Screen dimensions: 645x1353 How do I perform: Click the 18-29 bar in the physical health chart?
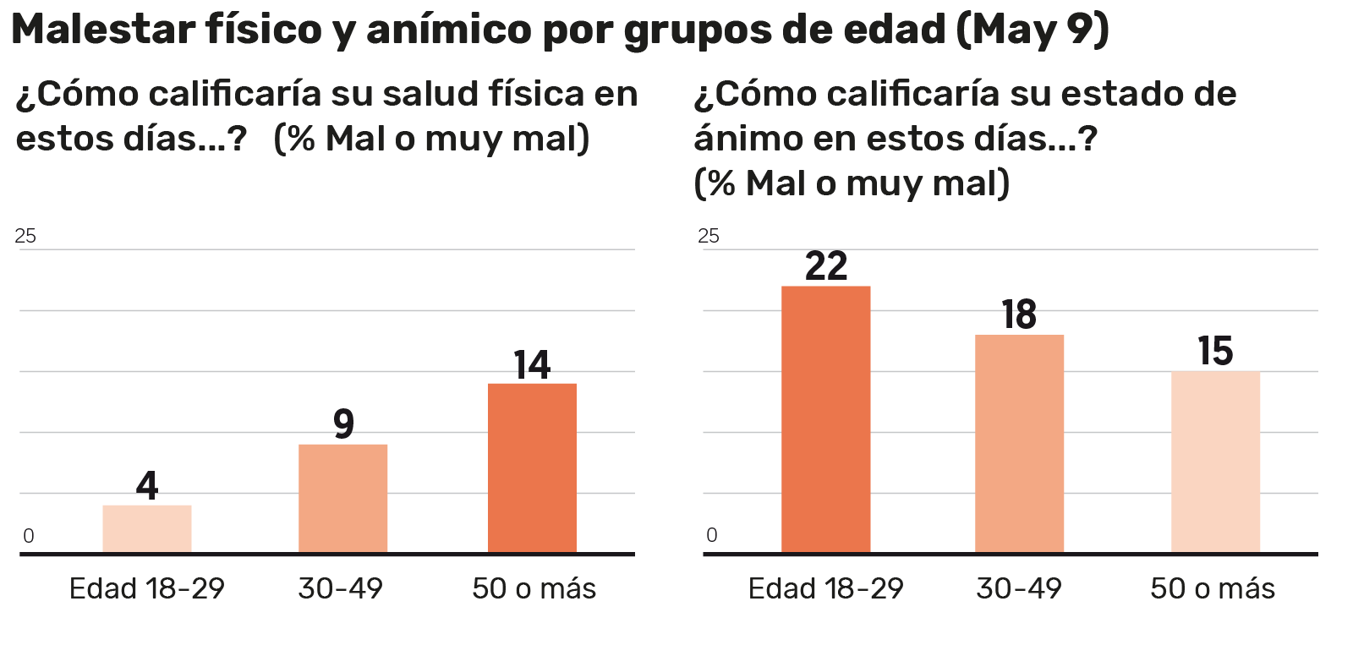[x=147, y=529]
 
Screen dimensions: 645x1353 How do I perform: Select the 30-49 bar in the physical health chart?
[x=342, y=499]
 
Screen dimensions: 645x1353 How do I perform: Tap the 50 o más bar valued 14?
[x=532, y=468]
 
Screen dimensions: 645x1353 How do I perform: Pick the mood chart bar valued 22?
[x=825, y=419]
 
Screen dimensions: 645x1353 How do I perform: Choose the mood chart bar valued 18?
[x=1019, y=444]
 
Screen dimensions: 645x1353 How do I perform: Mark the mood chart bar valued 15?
[x=1215, y=462]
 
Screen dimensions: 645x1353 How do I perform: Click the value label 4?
[x=147, y=485]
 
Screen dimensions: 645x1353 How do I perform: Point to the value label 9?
[x=342, y=424]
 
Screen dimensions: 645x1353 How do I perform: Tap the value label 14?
[x=532, y=364]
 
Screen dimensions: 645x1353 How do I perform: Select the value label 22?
[x=825, y=266]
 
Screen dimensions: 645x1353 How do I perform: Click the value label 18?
[x=1019, y=314]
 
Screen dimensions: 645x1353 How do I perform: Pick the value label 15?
[x=1215, y=351]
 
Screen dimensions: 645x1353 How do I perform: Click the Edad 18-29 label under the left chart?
[x=147, y=588]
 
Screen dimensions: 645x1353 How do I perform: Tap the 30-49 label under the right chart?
[x=1019, y=588]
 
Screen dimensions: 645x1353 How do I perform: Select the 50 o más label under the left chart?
[x=534, y=588]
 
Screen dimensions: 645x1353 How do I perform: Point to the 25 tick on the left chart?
[x=25, y=236]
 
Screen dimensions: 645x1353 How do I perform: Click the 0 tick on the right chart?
[x=711, y=535]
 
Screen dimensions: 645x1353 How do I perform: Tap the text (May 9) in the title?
[x=1033, y=30]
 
